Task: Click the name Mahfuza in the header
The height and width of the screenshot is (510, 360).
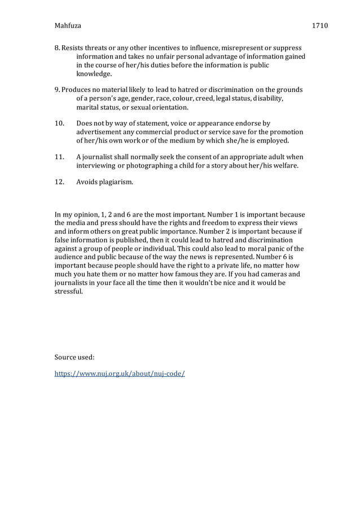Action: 68,25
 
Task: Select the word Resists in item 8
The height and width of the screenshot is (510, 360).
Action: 74,48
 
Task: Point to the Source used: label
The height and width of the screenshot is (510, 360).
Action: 74,357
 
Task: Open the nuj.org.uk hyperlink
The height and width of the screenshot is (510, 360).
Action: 120,373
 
